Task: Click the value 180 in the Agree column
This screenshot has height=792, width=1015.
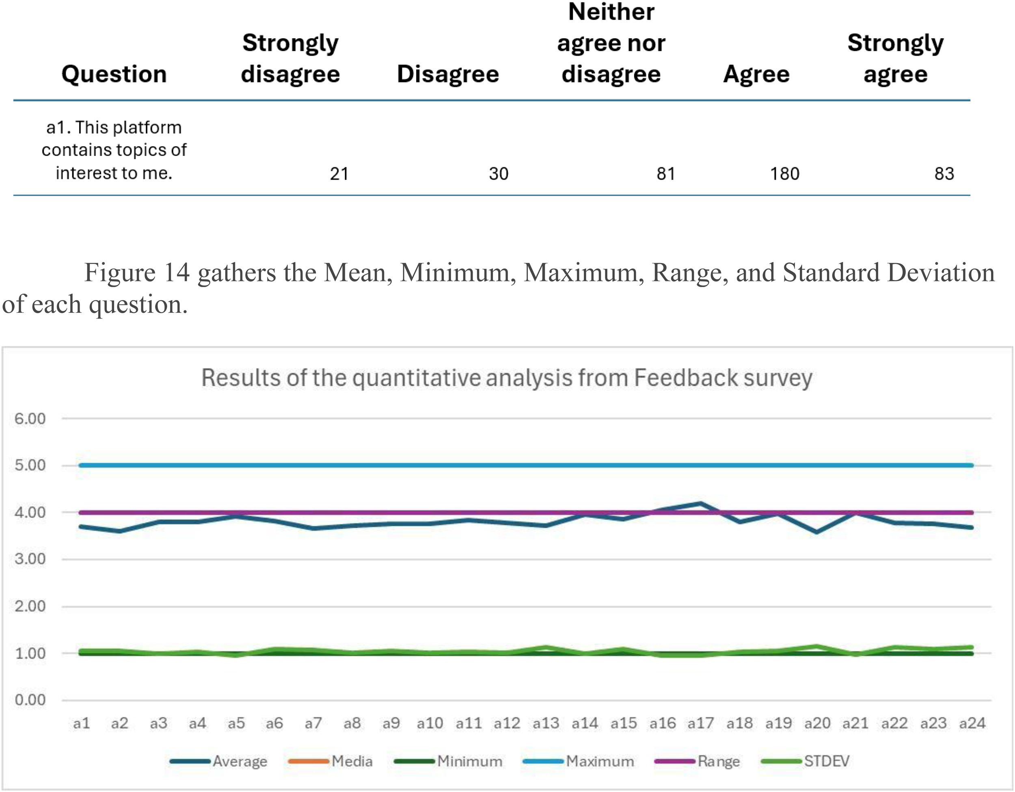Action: [x=784, y=174]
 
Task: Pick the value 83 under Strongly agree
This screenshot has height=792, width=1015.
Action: [x=944, y=174]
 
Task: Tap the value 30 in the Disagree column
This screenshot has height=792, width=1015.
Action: [x=499, y=174]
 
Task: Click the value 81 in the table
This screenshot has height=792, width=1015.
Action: [x=665, y=174]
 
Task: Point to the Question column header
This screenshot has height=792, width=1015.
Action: [x=114, y=74]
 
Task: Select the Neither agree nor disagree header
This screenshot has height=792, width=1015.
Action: [x=611, y=43]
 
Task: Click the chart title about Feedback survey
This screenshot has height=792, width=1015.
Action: [x=507, y=377]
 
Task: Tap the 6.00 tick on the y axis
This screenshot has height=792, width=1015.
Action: [x=30, y=418]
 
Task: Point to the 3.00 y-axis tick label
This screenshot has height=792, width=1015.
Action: [x=30, y=559]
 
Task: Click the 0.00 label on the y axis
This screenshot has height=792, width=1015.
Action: [x=30, y=699]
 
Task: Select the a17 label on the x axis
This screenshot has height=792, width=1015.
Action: [x=701, y=723]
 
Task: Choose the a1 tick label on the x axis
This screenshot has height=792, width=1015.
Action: [x=81, y=723]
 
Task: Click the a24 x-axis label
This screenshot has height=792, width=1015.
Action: [x=972, y=723]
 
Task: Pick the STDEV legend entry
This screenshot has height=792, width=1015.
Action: [x=806, y=761]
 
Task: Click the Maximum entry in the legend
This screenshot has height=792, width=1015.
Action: [x=579, y=761]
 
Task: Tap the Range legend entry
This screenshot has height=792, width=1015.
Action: [x=697, y=761]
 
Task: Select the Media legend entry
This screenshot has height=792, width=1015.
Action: [x=330, y=761]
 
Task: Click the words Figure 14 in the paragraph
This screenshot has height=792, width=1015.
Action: [x=137, y=273]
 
